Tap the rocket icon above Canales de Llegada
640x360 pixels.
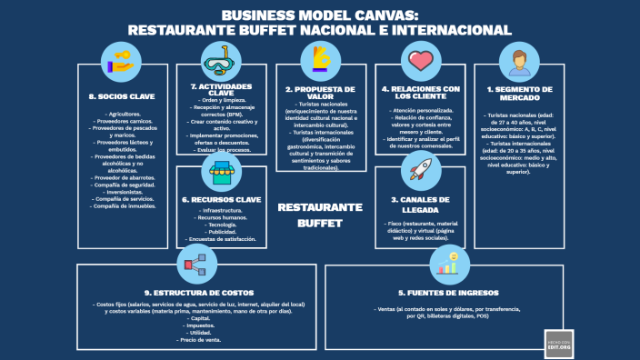(x=421, y=169)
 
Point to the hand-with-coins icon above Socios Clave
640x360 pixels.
(x=121, y=62)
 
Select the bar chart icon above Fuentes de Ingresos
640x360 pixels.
(x=447, y=264)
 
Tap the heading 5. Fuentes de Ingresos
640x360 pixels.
(x=447, y=293)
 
